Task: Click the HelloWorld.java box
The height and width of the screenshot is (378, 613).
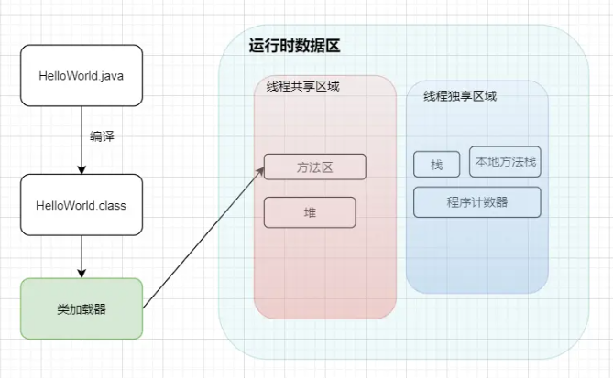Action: tap(82, 75)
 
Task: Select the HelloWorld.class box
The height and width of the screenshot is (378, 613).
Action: tap(82, 205)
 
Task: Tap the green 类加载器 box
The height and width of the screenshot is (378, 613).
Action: tap(82, 309)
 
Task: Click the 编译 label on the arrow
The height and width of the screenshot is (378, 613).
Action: tap(102, 136)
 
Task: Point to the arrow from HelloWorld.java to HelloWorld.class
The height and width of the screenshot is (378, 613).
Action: tap(82, 137)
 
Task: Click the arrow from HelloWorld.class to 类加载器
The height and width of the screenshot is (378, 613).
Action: tap(82, 256)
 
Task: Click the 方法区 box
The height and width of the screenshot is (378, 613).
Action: tap(314, 167)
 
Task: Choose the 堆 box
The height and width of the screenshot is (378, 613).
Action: tap(309, 212)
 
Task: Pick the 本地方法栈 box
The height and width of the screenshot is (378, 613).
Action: tap(505, 162)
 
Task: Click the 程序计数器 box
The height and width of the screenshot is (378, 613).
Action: tap(476, 202)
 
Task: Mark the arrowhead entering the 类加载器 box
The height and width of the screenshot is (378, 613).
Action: tap(82, 274)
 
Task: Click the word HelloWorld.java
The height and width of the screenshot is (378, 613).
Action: tap(82, 75)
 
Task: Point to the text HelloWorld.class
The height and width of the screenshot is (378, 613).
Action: tap(82, 205)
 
